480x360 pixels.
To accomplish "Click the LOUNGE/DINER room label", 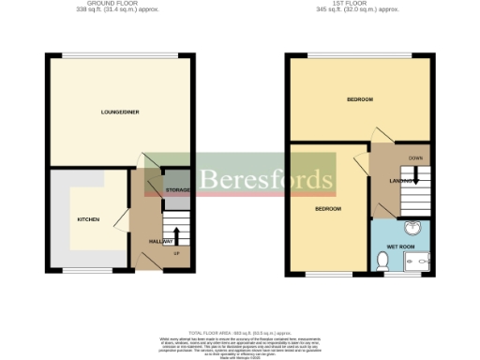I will click(121, 112).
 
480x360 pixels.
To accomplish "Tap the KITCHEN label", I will click(88, 219).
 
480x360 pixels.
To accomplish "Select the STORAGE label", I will click(177, 190).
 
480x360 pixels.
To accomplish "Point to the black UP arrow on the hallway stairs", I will click(176, 233).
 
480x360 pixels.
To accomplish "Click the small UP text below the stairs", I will click(176, 253).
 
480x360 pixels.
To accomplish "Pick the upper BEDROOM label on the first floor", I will click(360, 99).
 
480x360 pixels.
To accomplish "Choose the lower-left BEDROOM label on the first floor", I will click(327, 208).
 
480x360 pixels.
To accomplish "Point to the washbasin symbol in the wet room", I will click(412, 228).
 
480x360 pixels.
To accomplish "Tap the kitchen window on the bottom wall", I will click(82, 271).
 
